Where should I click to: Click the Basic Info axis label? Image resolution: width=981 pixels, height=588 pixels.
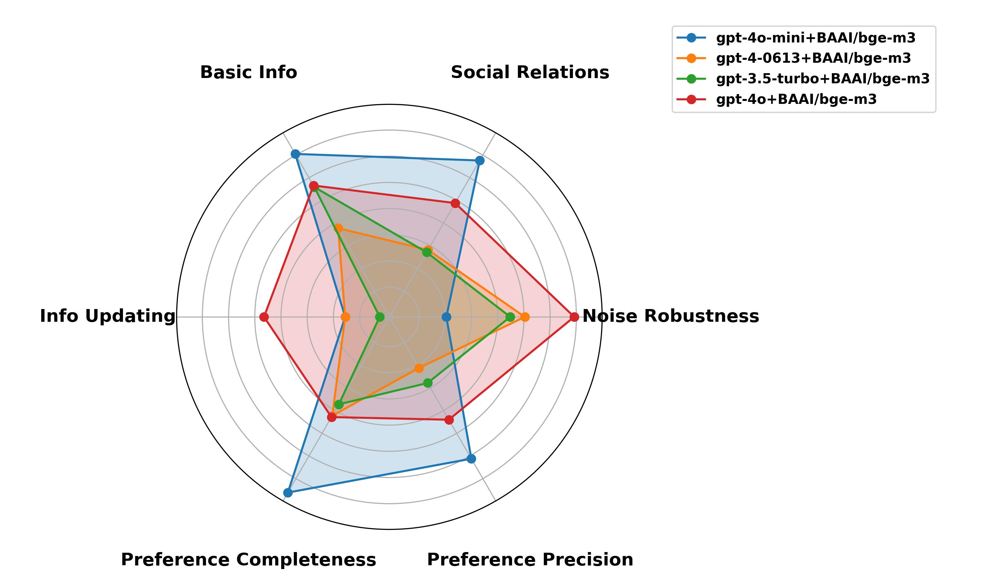click(248, 73)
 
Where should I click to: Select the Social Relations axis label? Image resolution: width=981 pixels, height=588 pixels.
click(530, 73)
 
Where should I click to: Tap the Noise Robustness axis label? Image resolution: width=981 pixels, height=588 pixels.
click(671, 316)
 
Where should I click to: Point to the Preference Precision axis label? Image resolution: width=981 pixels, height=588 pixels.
click(530, 560)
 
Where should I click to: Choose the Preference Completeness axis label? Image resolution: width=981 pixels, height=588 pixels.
click(248, 560)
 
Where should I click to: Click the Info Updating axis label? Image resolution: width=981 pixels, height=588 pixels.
click(108, 316)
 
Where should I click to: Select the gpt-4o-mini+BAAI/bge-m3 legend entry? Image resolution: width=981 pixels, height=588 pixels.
click(816, 38)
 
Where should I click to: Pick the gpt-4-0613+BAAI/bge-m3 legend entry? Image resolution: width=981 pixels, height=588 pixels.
click(813, 58)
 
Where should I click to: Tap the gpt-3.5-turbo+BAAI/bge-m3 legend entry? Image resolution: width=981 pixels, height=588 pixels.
click(822, 79)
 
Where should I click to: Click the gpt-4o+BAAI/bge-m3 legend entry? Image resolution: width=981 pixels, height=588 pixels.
click(796, 99)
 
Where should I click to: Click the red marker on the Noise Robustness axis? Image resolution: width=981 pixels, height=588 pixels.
click(574, 317)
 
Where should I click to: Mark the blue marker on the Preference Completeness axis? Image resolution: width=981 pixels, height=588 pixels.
click(288, 493)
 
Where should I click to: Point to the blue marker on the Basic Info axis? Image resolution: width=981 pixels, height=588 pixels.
click(295, 154)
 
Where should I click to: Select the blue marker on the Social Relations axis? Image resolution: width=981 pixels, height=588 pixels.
click(480, 160)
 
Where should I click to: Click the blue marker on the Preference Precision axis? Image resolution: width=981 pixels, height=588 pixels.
click(471, 459)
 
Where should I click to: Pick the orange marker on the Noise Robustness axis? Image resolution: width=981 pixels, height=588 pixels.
click(525, 317)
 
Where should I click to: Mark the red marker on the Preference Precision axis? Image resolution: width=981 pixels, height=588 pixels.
click(449, 420)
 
